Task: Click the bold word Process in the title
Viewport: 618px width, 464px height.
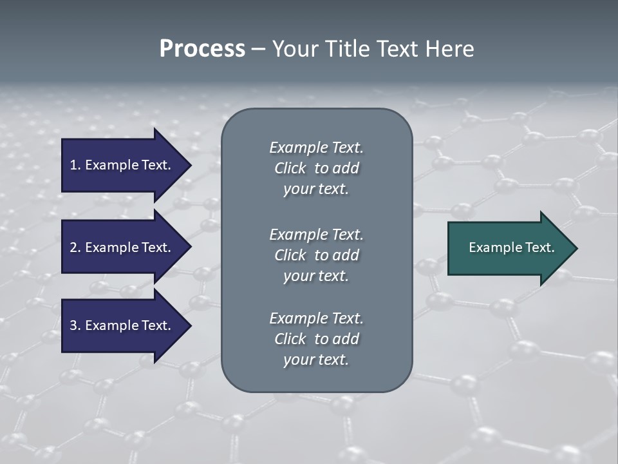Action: [202, 49]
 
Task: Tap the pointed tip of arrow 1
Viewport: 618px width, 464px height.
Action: [190, 165]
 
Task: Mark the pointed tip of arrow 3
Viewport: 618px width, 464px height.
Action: [190, 325]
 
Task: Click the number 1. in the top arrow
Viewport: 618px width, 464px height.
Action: [75, 165]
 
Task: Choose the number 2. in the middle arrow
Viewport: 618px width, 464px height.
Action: [75, 247]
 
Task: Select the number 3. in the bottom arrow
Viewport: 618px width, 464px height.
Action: [75, 325]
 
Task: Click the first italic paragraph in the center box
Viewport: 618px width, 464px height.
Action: [316, 168]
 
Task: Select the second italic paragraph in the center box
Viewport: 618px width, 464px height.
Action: [316, 255]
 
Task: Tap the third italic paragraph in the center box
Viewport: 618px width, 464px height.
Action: [316, 339]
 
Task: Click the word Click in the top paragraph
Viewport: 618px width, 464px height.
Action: [290, 168]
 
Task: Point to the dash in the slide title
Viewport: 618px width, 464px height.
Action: [258, 50]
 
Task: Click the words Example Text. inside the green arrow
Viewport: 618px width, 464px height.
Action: [512, 247]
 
